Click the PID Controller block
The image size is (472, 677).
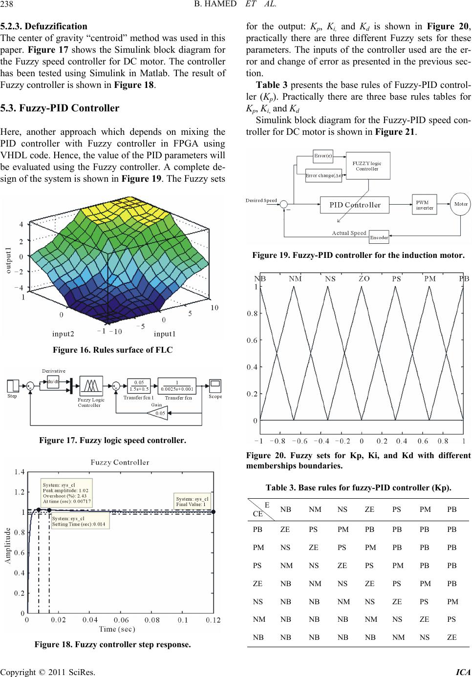coord(354,205)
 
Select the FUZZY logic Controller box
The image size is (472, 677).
coord(368,166)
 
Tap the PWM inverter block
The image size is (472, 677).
coord(424,205)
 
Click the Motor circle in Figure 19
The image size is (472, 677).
coord(460,204)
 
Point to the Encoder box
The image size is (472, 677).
coord(379,237)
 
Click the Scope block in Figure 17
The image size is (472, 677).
coord(215,386)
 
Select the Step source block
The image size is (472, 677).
coord(13,386)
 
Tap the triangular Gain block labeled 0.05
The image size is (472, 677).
coord(157,413)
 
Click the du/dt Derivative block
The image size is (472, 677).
coord(53,381)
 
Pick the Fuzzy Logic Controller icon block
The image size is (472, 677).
coord(91,386)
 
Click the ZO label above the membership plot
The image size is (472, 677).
coord(364,278)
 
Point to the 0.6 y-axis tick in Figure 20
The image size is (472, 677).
coord(252,340)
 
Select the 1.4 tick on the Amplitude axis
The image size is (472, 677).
coord(20,472)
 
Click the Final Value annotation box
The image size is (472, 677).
coord(193,502)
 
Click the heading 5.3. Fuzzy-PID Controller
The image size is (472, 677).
coord(60,108)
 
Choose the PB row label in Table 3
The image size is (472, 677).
coord(257,529)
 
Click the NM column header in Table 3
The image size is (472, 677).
coord(315,509)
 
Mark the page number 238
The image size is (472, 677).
coord(7,4)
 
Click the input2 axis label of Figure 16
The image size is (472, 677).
coord(63,334)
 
